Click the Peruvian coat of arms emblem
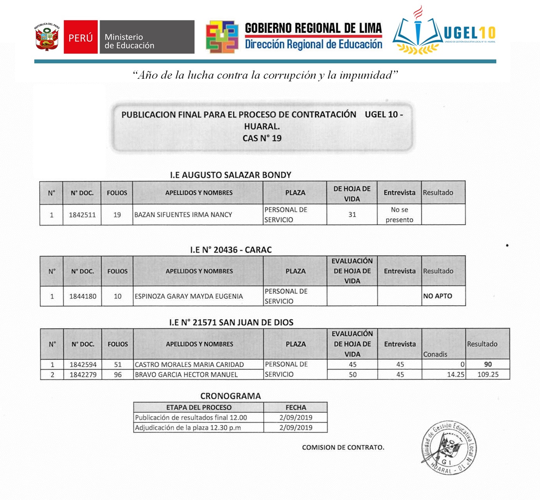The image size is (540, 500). (x=47, y=37)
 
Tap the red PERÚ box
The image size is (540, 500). (x=81, y=37)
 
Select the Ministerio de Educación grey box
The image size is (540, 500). (x=147, y=37)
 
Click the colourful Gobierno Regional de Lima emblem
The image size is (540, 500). (x=222, y=37)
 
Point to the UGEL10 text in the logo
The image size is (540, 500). (x=469, y=33)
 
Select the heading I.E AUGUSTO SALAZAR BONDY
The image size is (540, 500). (x=231, y=175)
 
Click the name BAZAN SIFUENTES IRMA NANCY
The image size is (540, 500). (x=183, y=215)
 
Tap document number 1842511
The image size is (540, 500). (x=82, y=215)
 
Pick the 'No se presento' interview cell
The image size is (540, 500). (x=399, y=215)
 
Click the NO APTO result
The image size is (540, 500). (x=437, y=296)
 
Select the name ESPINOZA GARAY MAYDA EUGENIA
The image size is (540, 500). (x=188, y=296)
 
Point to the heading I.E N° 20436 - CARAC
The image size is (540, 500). (x=231, y=250)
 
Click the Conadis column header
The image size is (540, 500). (x=435, y=354)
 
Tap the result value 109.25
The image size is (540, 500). (x=488, y=374)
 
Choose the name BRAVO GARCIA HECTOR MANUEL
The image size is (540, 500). (x=186, y=374)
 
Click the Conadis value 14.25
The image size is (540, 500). (x=455, y=374)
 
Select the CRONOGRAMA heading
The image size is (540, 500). (x=231, y=396)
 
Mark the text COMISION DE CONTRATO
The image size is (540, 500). (x=343, y=447)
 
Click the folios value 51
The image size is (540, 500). (x=118, y=364)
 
